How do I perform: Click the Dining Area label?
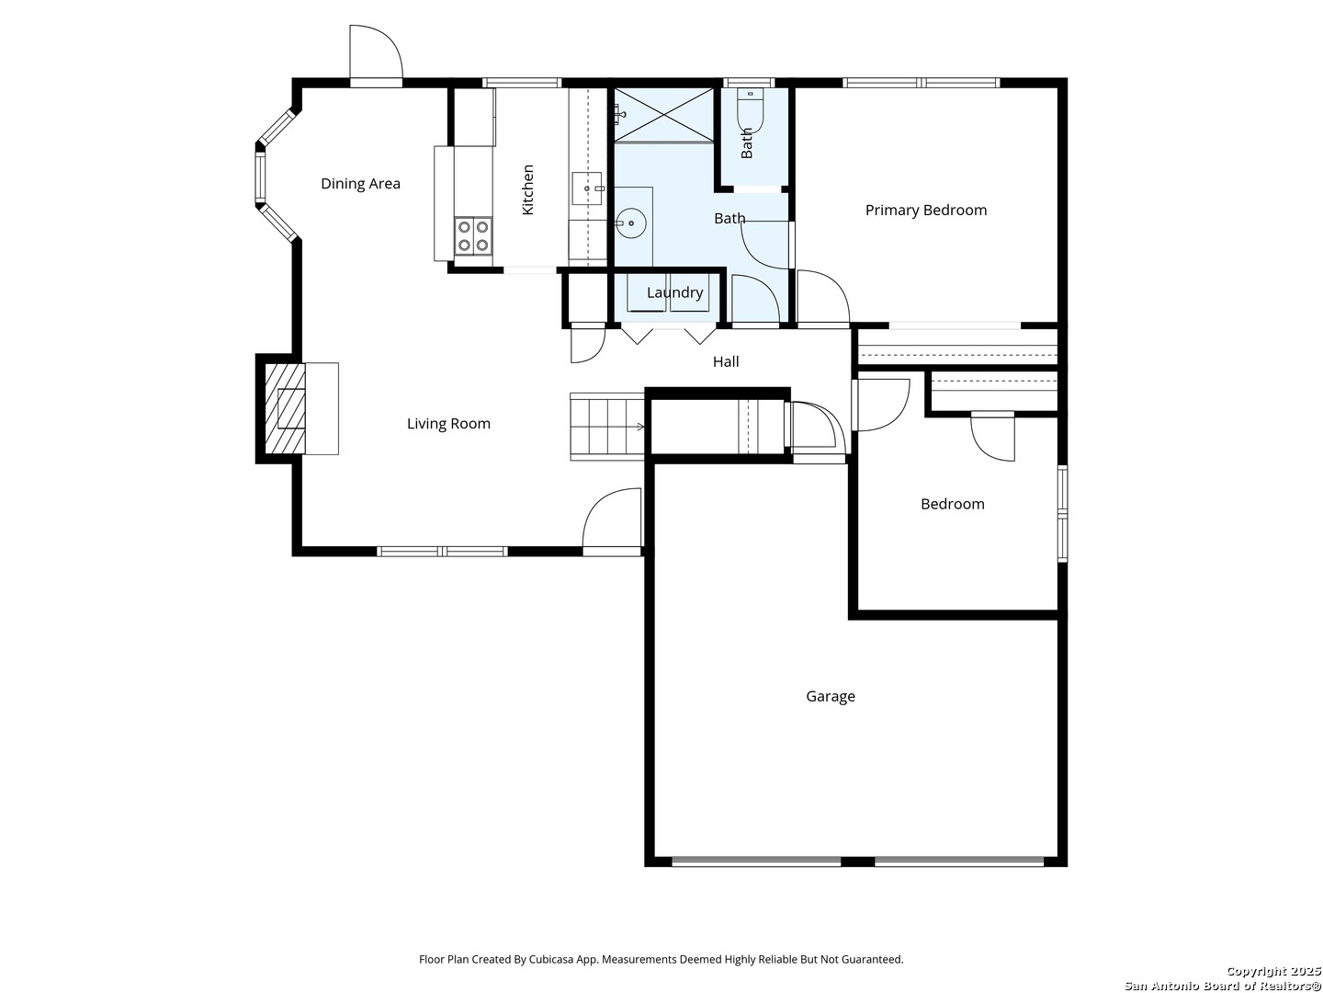coord(360,183)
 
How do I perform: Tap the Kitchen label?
coord(527,189)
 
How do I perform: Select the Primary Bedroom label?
coord(925,210)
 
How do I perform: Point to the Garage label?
coord(830,696)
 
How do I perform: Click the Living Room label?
coord(448,423)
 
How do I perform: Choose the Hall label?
coord(726,361)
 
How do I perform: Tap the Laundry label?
coord(674,292)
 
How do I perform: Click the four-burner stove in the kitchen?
coord(473,235)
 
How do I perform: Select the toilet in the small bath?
coord(750,110)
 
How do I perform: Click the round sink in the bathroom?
coord(631,223)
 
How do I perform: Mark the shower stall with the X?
coord(663,115)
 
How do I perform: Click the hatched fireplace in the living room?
coord(285,408)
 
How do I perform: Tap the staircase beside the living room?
coord(607,427)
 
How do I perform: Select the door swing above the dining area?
coord(376,52)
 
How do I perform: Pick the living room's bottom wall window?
coord(443,551)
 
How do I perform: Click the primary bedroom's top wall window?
coord(921,83)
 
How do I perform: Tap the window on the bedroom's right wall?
coord(1062,514)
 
